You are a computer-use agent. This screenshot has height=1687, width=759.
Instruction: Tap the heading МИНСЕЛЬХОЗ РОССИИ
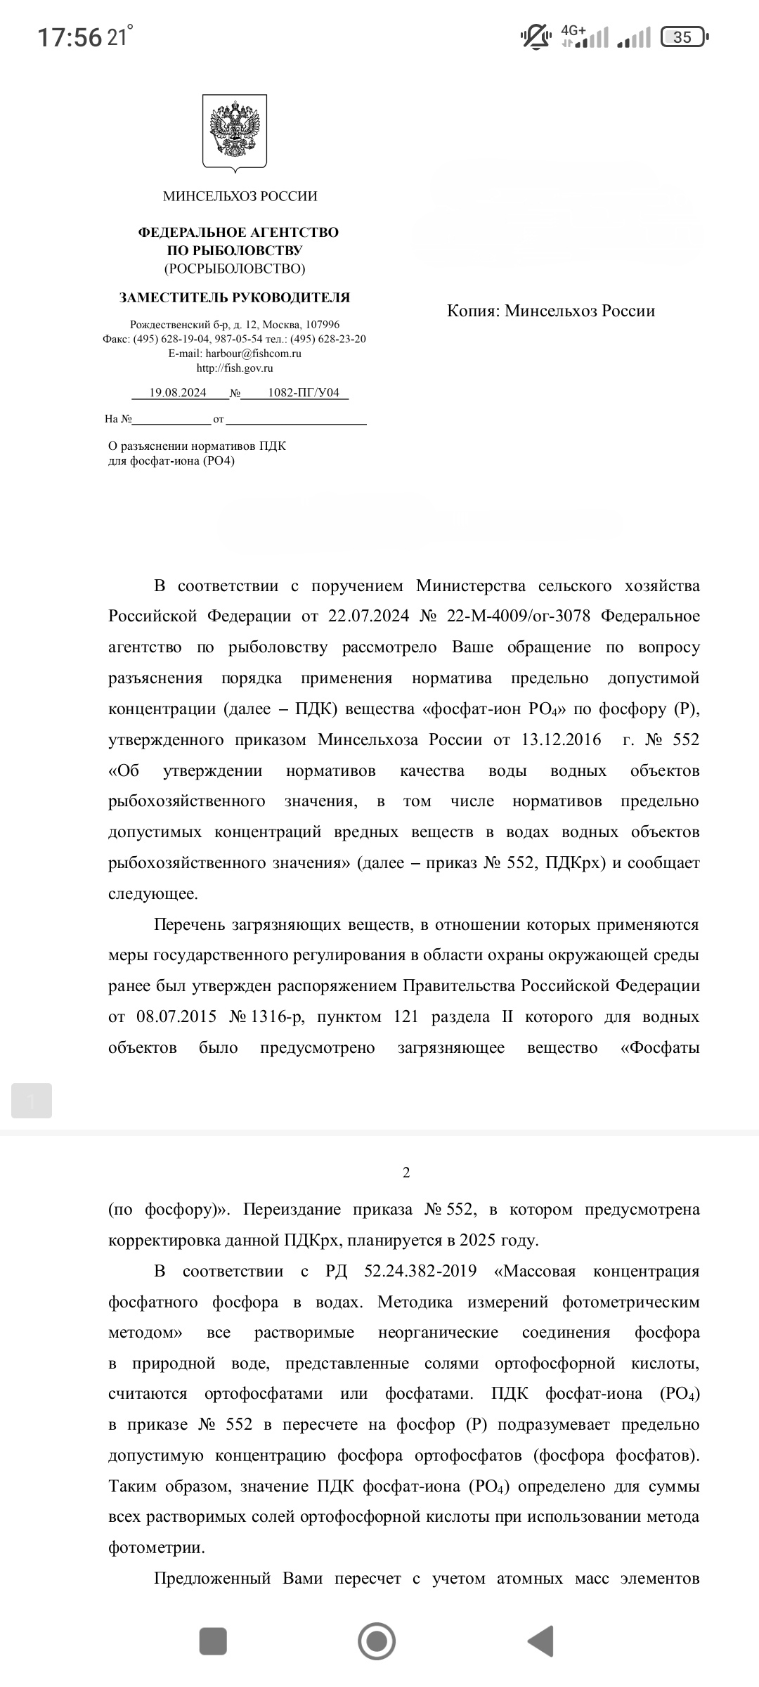[240, 197]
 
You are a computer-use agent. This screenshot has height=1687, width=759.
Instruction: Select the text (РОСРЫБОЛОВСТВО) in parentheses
[235, 269]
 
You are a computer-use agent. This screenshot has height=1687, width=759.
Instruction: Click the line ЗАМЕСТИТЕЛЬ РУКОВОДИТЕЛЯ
[235, 298]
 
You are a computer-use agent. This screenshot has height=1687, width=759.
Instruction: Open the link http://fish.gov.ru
[235, 368]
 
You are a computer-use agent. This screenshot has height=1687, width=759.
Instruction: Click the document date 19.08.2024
[178, 393]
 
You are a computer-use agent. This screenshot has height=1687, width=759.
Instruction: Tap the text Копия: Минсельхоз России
[551, 311]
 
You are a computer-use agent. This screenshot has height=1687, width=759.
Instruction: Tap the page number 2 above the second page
[406, 1173]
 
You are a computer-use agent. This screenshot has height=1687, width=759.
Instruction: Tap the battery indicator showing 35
[685, 37]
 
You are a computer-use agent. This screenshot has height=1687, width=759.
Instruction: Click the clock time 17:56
[70, 37]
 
